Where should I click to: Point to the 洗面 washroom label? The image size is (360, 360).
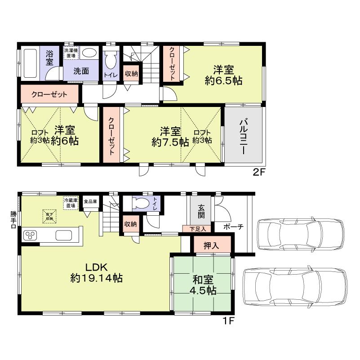81,71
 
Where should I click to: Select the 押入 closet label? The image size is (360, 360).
212,246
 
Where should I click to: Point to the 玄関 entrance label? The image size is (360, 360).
200,212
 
